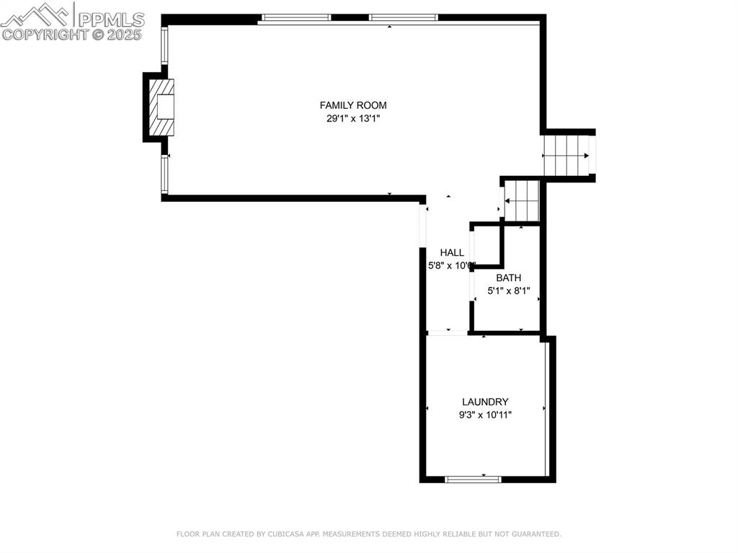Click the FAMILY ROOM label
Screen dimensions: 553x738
coord(353,105)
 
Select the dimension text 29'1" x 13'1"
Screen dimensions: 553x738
coord(353,119)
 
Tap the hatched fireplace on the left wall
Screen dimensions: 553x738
coord(162,107)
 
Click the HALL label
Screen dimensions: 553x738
coord(452,252)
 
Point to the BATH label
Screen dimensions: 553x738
coord(508,278)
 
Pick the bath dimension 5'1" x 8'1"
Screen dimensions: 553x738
coord(508,291)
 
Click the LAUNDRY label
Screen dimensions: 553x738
coord(485,402)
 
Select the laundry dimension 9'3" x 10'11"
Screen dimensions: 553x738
coord(485,415)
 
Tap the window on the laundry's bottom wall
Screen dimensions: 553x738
coord(473,478)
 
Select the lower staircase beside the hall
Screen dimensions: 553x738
coord(522,200)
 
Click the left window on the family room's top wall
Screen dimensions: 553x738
coord(295,17)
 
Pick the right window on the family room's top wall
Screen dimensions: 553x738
coord(403,17)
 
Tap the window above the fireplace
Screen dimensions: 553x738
coord(164,45)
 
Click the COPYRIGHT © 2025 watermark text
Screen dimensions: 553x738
coord(72,34)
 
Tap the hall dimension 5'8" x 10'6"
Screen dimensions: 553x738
coord(452,265)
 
